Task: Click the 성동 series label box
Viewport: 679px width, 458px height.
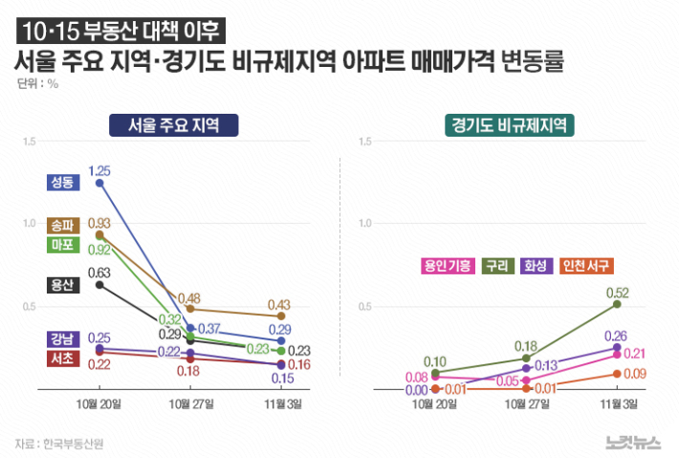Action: (x=63, y=182)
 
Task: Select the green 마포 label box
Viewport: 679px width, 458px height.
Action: (x=63, y=246)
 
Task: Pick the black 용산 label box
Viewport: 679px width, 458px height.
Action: (x=63, y=285)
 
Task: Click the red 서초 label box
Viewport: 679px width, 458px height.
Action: (x=63, y=359)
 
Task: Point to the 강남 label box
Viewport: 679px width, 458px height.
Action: (x=63, y=339)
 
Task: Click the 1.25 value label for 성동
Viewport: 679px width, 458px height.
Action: (x=99, y=170)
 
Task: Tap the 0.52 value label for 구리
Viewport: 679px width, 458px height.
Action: (x=617, y=293)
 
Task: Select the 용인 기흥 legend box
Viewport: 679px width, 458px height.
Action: (x=447, y=266)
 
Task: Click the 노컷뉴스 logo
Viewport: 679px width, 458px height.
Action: (x=633, y=441)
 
